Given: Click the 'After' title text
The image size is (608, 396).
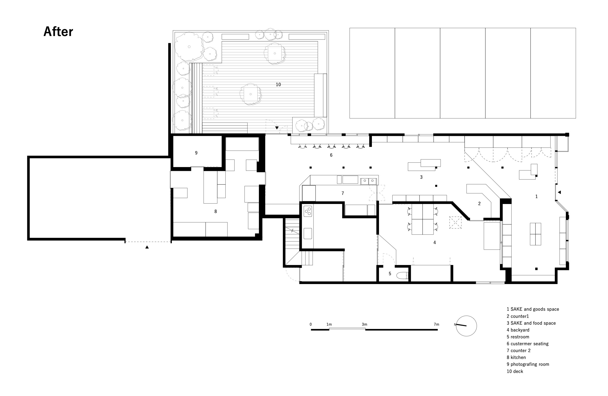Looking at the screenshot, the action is pos(58,32).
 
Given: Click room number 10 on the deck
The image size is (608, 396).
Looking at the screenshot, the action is pos(278,85).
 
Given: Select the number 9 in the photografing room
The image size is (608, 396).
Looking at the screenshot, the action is pos(196,153).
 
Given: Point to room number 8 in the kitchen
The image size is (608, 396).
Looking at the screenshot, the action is pos(215,211).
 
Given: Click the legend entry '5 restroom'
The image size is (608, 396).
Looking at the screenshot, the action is pos(518,337).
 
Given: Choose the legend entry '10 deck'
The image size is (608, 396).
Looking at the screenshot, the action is pos(515,371).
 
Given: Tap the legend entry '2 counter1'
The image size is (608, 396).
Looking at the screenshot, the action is pos(518,316).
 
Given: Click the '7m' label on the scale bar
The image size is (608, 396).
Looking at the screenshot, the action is pos(436,324).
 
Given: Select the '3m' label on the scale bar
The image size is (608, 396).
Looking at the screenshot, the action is pos(364,324).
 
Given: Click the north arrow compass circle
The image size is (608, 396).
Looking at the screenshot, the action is pos(466,326).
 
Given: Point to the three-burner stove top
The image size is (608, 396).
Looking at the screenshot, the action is pos(308,211).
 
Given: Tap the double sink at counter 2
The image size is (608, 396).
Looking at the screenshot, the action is pos(368,181).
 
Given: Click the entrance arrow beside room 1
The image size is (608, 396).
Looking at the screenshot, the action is pos(559,192).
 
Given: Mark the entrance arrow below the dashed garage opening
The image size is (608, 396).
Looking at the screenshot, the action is pos(147,247).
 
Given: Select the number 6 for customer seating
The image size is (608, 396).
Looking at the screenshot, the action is pos(331,155).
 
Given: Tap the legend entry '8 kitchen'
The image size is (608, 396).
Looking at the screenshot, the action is pos(516,358).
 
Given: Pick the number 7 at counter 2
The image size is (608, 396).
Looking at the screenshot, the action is pos(342,193).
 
